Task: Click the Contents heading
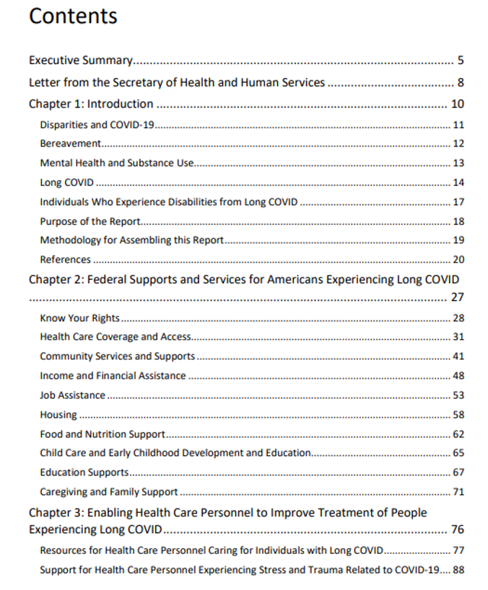tap(73, 16)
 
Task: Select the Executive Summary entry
tap(80, 61)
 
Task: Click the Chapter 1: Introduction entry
tap(91, 104)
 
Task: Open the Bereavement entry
tap(69, 144)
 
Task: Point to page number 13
tap(458, 163)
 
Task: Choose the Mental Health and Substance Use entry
tap(117, 163)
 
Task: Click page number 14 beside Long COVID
tap(458, 182)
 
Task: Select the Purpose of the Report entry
tap(90, 221)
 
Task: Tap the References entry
tap(66, 260)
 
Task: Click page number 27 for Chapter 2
tap(457, 296)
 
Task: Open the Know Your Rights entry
tap(79, 318)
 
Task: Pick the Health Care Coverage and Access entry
tap(116, 337)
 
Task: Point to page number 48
tap(458, 376)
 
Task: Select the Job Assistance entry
tap(72, 395)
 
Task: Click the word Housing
tap(58, 415)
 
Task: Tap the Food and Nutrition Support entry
tap(103, 434)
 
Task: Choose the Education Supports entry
tap(84, 472)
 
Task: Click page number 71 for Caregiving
tap(458, 492)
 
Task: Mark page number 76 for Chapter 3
tap(457, 530)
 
